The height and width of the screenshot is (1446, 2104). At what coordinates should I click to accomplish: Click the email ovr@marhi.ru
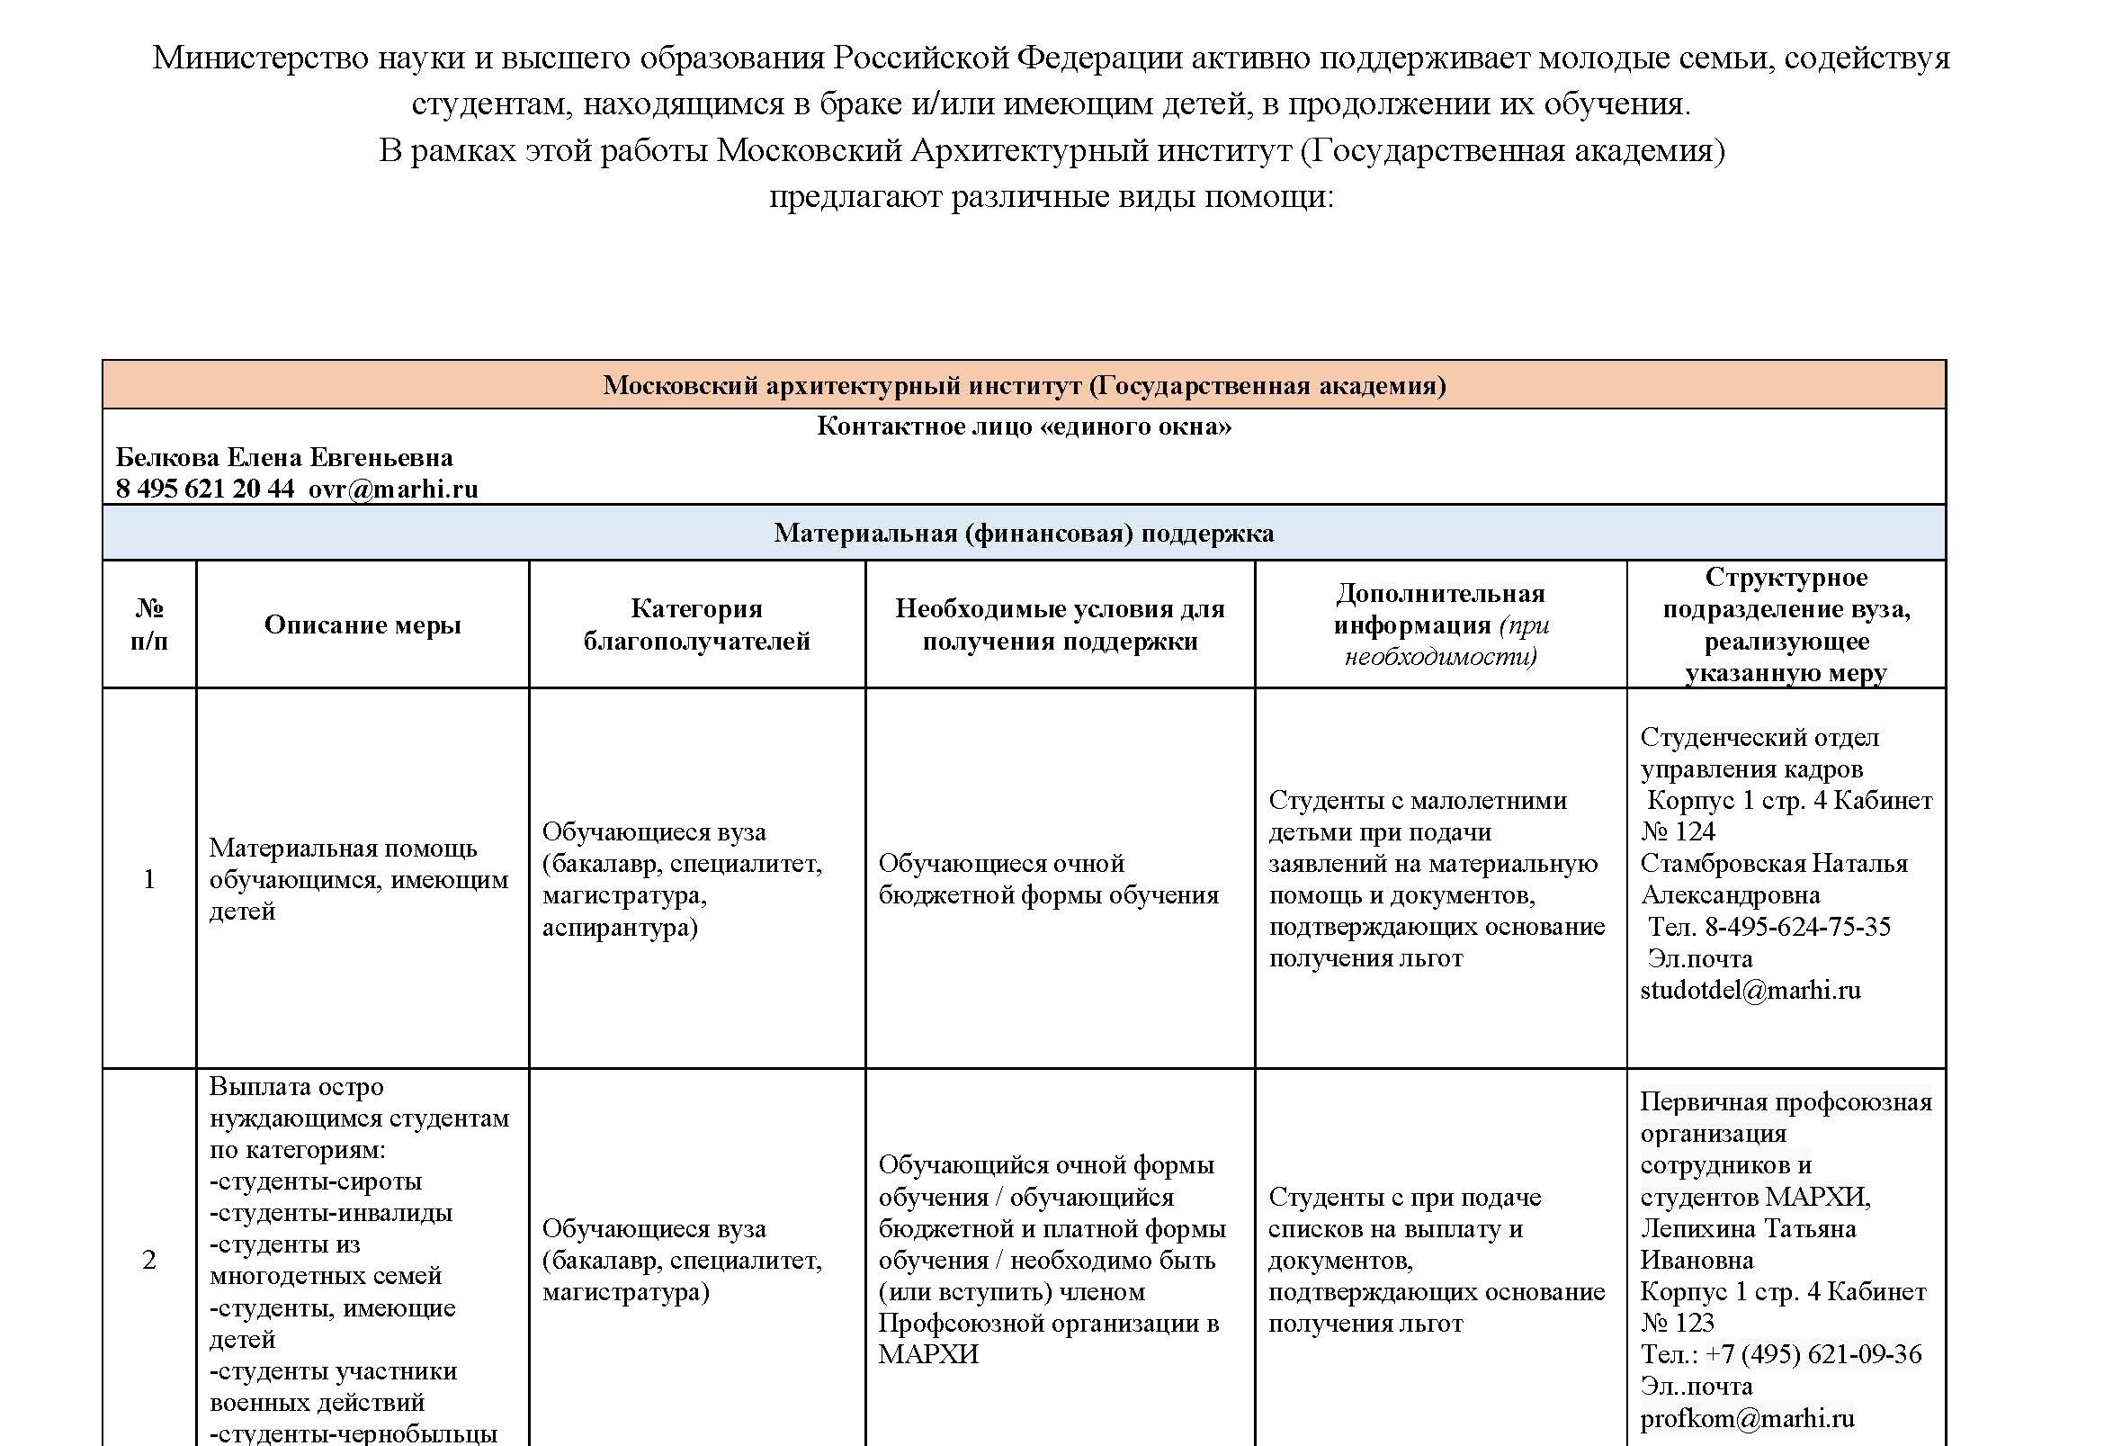[x=393, y=489]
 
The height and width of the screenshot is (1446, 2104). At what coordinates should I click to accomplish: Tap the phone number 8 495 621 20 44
[x=205, y=489]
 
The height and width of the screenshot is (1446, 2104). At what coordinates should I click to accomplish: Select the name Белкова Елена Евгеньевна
[x=284, y=457]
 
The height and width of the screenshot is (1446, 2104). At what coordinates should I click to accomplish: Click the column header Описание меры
[x=363, y=624]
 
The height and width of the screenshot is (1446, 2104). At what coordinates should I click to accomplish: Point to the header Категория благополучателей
[x=696, y=624]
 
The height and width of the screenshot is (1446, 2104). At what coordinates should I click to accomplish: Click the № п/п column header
[x=149, y=624]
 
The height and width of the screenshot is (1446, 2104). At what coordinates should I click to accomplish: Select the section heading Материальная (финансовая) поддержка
[x=1024, y=533]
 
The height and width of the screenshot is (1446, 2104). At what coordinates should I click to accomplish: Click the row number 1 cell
[x=149, y=879]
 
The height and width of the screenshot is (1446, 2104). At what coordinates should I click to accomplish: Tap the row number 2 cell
[x=149, y=1260]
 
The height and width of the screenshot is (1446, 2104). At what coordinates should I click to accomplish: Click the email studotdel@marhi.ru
[x=1750, y=991]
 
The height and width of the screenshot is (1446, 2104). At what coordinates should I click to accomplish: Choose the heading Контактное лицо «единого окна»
[x=1024, y=427]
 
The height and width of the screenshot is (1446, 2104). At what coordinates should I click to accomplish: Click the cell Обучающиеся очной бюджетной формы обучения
[x=1048, y=879]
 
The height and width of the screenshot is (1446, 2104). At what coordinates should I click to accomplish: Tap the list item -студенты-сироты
[x=315, y=1181]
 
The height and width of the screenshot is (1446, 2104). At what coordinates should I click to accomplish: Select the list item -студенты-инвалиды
[x=331, y=1213]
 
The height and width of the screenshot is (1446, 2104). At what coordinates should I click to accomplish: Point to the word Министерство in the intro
[x=260, y=58]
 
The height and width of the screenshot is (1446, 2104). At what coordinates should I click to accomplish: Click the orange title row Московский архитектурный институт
[x=1024, y=386]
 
